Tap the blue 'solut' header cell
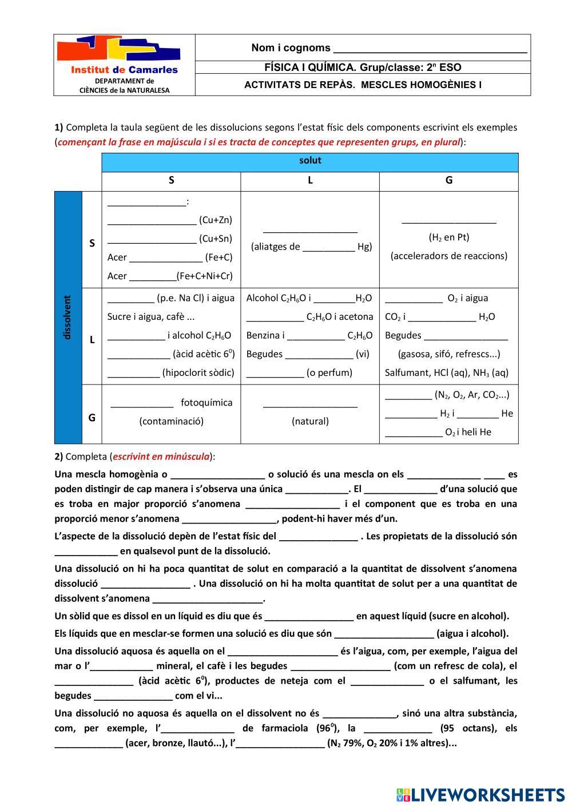click(310, 161)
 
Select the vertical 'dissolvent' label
click(67, 318)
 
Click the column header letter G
click(449, 180)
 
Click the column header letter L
click(310, 180)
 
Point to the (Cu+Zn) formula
click(216, 220)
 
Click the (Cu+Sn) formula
click(216, 239)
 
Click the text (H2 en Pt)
click(449, 237)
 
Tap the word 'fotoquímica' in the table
click(206, 403)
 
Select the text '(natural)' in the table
click(310, 422)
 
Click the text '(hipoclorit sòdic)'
click(198, 373)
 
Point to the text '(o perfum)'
click(329, 373)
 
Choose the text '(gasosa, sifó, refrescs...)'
click(449, 354)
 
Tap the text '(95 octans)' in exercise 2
click(464, 728)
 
